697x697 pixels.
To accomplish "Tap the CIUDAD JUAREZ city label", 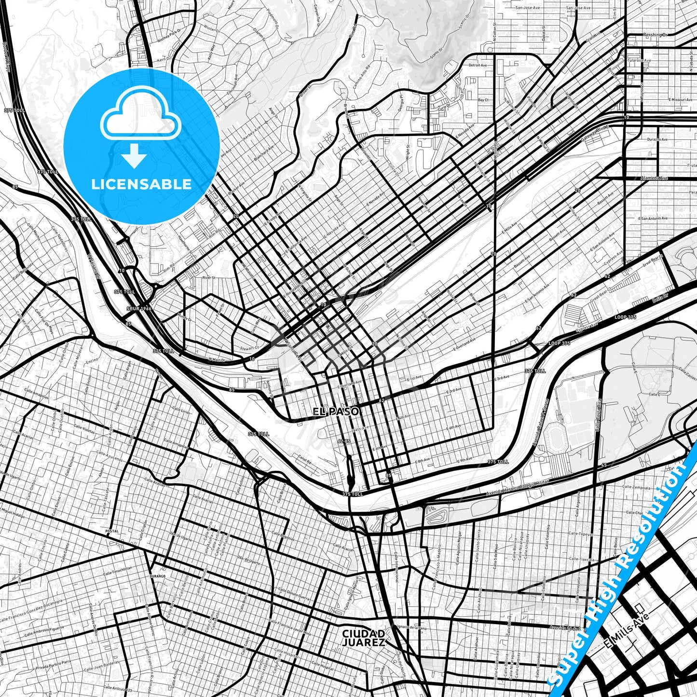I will tap(363, 637).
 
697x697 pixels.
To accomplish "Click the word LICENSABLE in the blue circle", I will tap(141, 184).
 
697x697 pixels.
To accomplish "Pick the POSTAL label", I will tap(111, 531).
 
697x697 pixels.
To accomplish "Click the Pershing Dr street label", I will tap(656, 35).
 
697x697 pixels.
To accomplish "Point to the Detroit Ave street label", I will tap(478, 65).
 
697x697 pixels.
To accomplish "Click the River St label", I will tap(208, 278).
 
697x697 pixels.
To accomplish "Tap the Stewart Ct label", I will tap(249, 348).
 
